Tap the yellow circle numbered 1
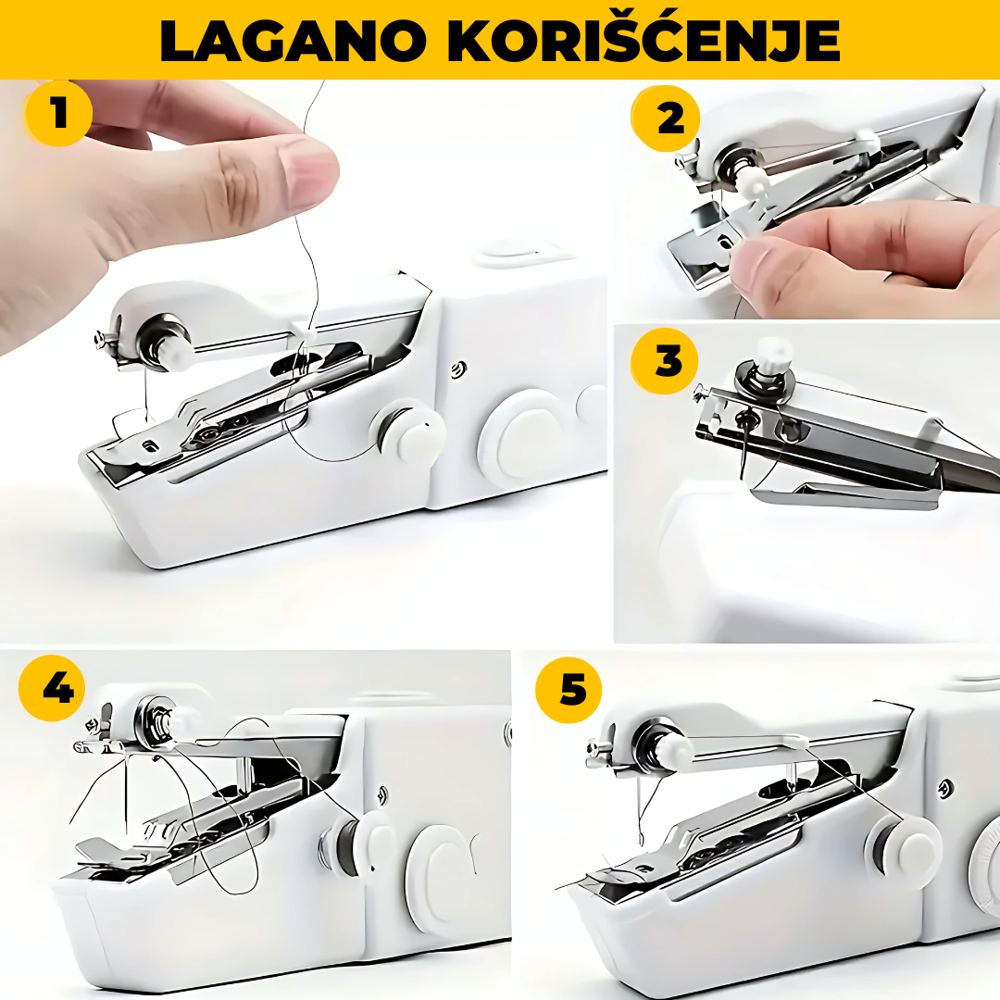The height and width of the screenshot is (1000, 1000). pos(58,114)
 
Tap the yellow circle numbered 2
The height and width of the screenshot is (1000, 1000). pos(665,119)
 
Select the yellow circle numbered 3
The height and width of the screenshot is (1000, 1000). pos(665,360)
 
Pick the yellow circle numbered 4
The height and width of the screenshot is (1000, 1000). pos(52,688)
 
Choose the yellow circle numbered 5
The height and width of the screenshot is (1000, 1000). pos(569,690)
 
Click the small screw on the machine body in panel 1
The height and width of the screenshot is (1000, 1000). pos(458,369)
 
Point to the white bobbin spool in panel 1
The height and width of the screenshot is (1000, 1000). pos(409,432)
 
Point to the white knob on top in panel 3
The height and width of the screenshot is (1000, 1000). pos(773,354)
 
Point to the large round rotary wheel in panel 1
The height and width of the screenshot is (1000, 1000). pos(519,433)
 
